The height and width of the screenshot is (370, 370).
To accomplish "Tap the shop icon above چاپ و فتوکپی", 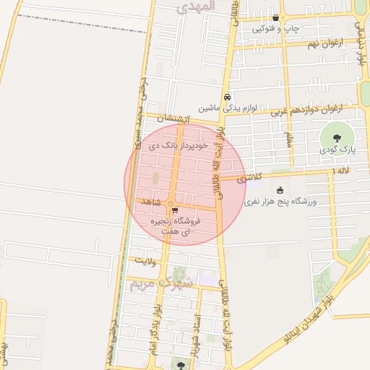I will pyautogui.click(x=275, y=18).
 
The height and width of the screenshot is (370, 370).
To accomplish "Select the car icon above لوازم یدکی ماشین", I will pyautogui.click(x=227, y=97).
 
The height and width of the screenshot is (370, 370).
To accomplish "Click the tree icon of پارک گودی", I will pyautogui.click(x=335, y=137).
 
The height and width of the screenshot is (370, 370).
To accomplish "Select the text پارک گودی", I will pyautogui.click(x=335, y=150).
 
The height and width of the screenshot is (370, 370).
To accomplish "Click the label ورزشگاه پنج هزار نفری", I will pyautogui.click(x=281, y=202).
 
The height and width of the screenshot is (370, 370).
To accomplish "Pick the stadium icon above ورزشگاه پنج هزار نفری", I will pyautogui.click(x=281, y=190).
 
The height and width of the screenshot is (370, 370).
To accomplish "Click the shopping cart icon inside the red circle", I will pyautogui.click(x=174, y=211).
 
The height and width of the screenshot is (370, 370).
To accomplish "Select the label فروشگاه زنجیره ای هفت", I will pyautogui.click(x=173, y=227).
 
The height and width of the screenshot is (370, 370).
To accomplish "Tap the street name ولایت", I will pyautogui.click(x=145, y=259).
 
